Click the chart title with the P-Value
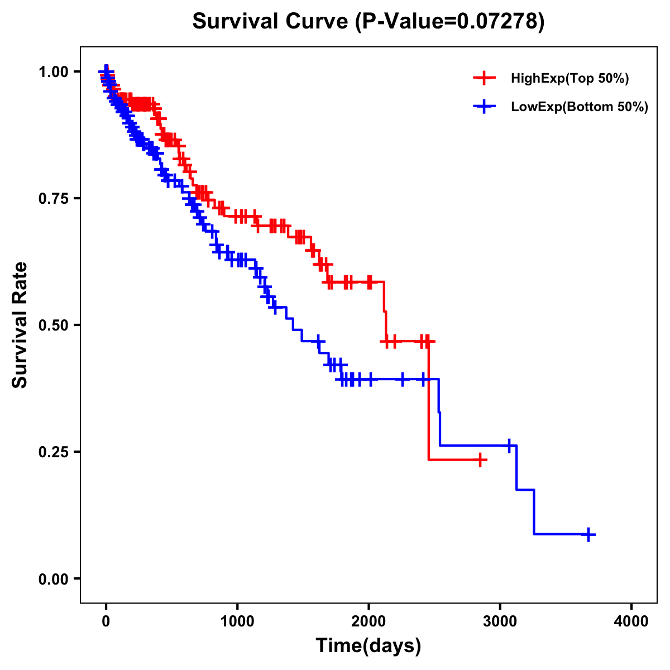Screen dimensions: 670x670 pos(368,21)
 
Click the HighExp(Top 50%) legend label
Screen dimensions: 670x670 pos(569,79)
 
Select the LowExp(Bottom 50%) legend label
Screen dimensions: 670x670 pos(580,107)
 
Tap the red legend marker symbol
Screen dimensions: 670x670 pos(484,78)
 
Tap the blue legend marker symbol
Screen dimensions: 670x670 pos(484,107)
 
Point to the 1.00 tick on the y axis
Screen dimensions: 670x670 pos(54,72)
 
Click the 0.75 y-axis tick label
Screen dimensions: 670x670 pos(54,199)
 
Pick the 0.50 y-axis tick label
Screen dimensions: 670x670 pos(54,325)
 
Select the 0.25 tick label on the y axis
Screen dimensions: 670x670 pos(54,452)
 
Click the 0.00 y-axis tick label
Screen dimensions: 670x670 pos(54,578)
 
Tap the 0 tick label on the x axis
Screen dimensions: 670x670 pos(106,622)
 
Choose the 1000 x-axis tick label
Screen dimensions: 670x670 pos(237,622)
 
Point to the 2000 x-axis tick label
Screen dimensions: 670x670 pos(368,622)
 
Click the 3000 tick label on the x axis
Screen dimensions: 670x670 pos(500,622)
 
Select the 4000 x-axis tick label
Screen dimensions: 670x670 pos(631,622)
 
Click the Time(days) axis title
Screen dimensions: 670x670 pos(368,646)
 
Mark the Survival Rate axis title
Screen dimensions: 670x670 pos(20,325)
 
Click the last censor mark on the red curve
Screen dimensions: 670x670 pos(480,460)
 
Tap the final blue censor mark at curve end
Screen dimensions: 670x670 pos(588,534)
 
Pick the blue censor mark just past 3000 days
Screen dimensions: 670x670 pos(509,446)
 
